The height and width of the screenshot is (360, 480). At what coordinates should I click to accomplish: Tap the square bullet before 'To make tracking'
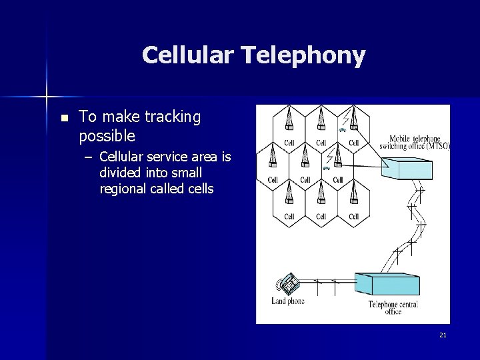click(63, 118)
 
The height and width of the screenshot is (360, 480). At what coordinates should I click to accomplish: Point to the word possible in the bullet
click(107, 136)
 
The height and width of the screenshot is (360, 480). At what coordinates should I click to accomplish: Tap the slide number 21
click(443, 335)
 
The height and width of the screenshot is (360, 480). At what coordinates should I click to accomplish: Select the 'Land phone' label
click(288, 301)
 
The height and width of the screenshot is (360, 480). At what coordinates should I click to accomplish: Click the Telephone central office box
click(387, 284)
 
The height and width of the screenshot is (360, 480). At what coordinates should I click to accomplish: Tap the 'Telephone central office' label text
click(393, 307)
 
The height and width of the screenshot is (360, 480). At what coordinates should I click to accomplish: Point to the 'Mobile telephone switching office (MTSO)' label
click(414, 143)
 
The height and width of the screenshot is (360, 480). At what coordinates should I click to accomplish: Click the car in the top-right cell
click(341, 131)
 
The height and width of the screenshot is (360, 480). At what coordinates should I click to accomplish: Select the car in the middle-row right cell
click(326, 169)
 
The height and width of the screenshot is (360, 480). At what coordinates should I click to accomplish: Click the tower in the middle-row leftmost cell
click(273, 157)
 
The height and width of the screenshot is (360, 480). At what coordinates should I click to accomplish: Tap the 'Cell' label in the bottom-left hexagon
click(289, 217)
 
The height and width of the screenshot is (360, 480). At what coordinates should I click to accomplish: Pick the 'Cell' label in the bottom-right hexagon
click(353, 217)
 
